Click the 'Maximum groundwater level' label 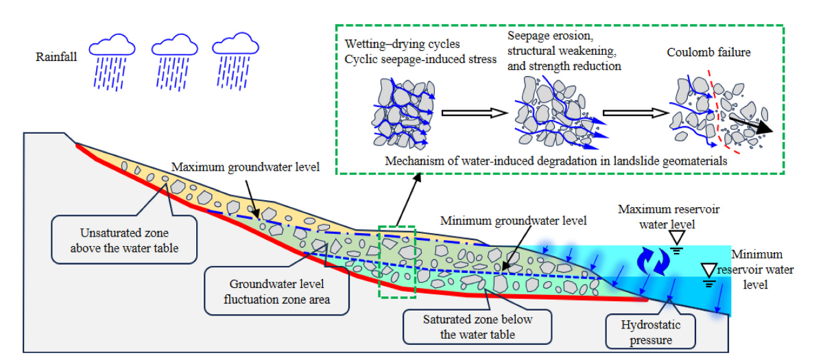tap(245, 167)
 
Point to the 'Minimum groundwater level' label tap(514, 221)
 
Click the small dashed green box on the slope tap(397, 262)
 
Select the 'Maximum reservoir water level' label tap(669, 216)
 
